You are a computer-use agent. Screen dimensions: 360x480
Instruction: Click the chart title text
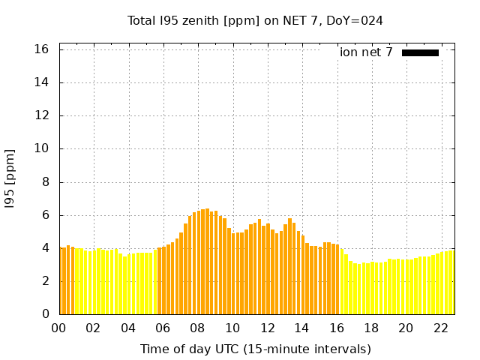click(255, 21)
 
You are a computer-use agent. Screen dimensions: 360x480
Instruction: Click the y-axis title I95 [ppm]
click(10, 178)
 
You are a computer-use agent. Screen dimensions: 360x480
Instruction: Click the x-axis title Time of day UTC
click(255, 349)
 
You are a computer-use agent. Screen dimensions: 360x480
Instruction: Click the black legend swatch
click(420, 52)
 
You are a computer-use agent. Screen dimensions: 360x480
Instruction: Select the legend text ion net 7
click(366, 52)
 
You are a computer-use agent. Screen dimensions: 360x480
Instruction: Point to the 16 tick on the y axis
click(43, 49)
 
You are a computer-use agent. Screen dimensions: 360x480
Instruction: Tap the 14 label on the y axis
click(43, 82)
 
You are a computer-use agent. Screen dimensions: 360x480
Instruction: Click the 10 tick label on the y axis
click(43, 148)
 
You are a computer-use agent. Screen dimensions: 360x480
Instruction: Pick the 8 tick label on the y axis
click(46, 181)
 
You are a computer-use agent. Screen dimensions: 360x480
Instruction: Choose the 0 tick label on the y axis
click(46, 314)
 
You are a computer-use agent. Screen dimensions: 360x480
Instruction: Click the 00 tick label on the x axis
click(58, 328)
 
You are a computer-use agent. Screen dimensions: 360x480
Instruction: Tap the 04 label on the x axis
click(128, 328)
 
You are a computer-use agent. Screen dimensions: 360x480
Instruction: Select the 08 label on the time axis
click(197, 328)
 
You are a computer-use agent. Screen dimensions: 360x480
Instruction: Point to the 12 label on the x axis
click(267, 328)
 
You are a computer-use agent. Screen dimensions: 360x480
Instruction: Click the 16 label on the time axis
click(336, 328)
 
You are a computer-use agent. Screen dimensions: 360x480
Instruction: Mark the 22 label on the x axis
click(440, 328)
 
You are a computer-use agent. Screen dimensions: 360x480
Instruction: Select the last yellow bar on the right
click(451, 282)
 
